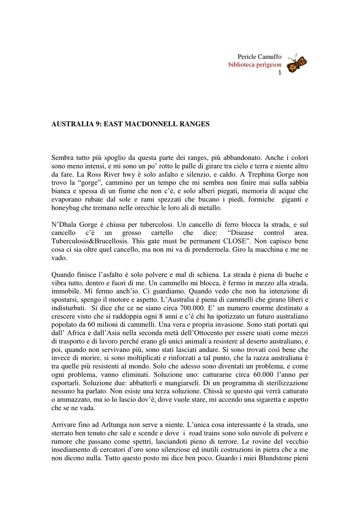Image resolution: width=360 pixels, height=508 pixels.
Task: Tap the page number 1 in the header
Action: point(280,72)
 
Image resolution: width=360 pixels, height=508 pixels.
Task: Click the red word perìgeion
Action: point(267,64)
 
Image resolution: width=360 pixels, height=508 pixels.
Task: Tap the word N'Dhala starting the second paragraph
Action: point(65,225)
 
